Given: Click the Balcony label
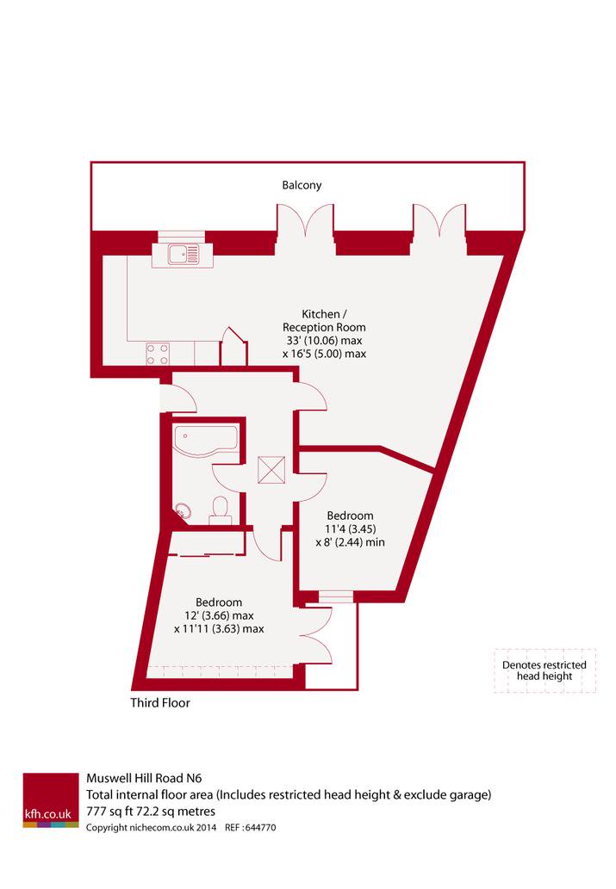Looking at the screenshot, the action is point(302,185).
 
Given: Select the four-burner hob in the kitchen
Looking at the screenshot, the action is point(158,354).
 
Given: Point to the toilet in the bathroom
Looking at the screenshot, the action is point(220,509).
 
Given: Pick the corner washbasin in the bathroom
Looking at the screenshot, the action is point(183,510).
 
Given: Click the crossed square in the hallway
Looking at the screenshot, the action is point(271,470).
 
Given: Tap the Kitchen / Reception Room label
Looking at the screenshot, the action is point(324,320).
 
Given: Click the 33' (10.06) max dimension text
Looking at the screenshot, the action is point(324,341).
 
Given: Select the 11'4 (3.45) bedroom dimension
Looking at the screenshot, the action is point(351,529).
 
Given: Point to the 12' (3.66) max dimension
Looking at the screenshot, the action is point(219,615).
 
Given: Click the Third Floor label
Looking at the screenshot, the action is point(160,703).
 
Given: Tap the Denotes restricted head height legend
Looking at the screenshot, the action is point(544,670).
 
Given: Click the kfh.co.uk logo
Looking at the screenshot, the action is point(51,800).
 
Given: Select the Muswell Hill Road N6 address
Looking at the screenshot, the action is point(144,779).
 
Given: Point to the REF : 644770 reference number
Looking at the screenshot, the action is point(251,828).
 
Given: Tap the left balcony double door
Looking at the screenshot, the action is point(305,221).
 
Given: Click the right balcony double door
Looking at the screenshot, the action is point(439,221).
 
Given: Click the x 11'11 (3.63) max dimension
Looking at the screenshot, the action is point(219,629).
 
